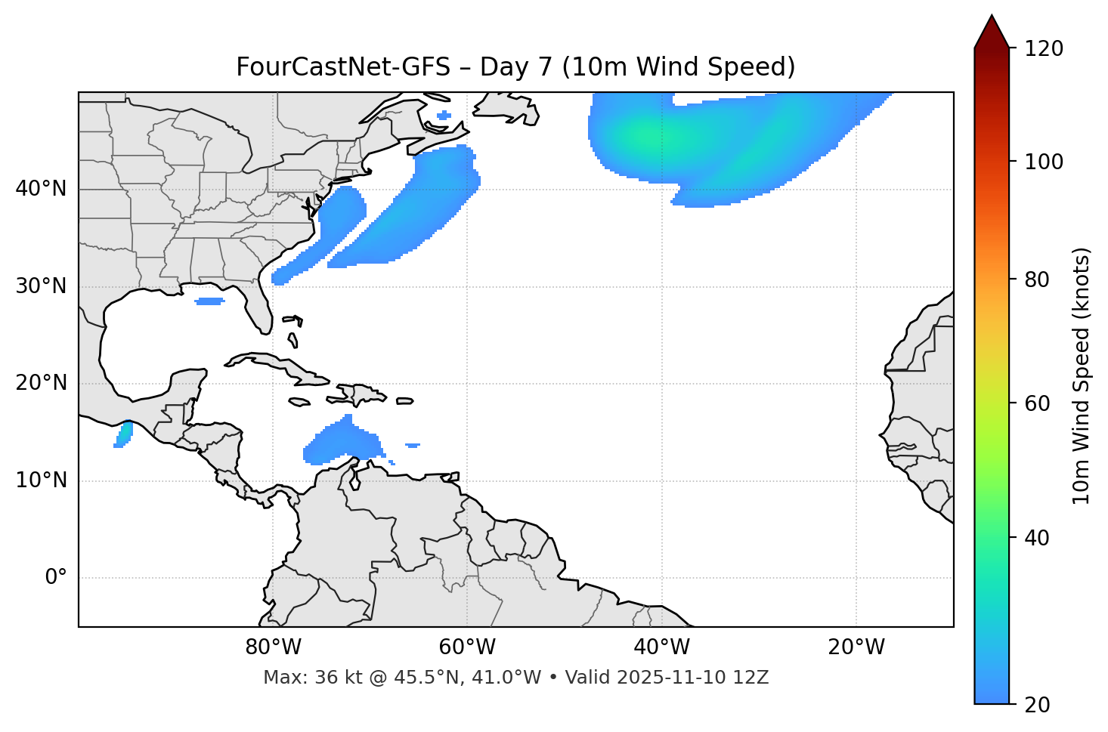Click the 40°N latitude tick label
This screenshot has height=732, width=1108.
tap(41, 189)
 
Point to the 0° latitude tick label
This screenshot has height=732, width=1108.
tap(56, 578)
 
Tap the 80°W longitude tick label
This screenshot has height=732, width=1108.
tap(273, 647)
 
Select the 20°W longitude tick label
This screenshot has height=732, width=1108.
tap(856, 647)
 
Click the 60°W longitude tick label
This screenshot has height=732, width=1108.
tap(467, 647)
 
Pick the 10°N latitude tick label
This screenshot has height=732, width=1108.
tap(41, 480)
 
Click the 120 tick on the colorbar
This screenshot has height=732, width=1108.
tap(1044, 49)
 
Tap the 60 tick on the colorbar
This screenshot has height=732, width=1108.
tap(1037, 403)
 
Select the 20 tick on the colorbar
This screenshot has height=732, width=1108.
tap(1037, 705)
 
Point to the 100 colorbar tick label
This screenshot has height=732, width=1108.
tap(1044, 162)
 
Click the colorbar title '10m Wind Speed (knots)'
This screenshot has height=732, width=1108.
tap(1082, 375)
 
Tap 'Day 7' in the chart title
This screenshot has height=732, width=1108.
tap(515, 67)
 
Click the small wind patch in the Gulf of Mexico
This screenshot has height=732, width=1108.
tap(209, 301)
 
